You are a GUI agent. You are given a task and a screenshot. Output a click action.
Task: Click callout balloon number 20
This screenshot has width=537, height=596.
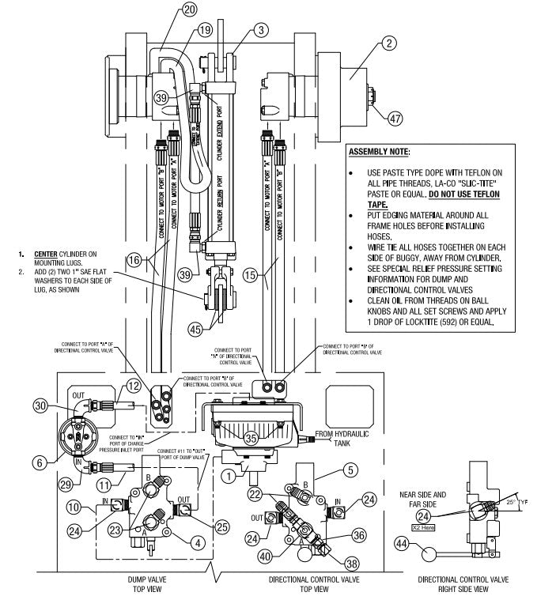coord(188,10)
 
